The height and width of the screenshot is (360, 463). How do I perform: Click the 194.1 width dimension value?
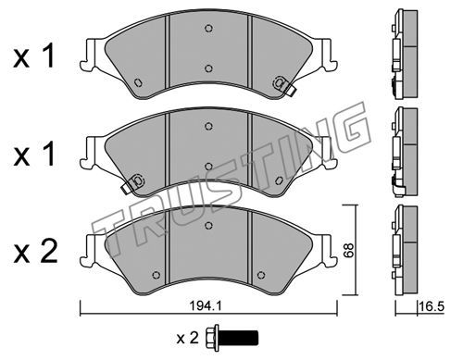tap(206, 306)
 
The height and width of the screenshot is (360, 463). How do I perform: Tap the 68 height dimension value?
tap(349, 251)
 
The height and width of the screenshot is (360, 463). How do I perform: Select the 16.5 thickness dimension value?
tap(432, 307)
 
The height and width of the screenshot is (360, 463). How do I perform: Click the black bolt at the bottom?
tap(232, 338)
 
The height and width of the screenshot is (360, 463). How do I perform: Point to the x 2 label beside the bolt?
tap(187, 338)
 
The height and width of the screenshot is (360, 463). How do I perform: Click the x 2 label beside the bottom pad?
tap(35, 252)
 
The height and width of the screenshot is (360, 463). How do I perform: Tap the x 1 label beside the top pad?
tap(34, 56)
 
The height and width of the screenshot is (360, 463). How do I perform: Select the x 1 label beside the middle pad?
tap(34, 154)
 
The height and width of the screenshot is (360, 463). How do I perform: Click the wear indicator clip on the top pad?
tap(284, 84)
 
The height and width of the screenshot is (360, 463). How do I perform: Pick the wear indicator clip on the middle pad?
tap(132, 183)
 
